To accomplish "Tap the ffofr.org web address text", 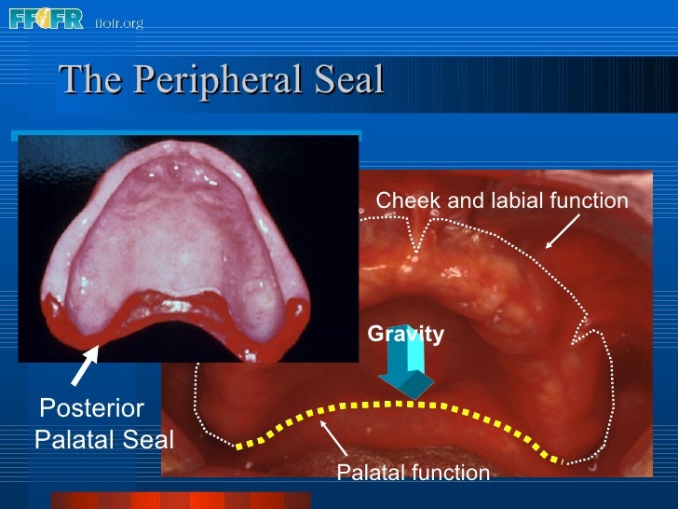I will [x=118, y=21].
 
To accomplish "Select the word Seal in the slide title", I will [x=348, y=80].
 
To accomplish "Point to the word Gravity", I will [x=405, y=334].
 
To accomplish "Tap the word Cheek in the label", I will [x=401, y=200].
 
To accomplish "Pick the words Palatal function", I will [x=413, y=473].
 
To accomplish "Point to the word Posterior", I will [x=91, y=407].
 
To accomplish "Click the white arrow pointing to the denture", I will [x=84, y=365].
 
